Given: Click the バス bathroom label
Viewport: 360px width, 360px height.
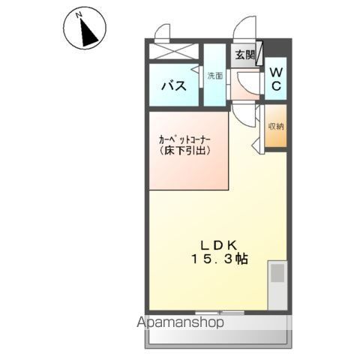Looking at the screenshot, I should coord(173,85).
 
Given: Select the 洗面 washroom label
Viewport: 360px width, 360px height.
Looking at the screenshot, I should coord(214,76).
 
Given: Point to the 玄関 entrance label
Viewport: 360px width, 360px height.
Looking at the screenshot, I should coord(244,55).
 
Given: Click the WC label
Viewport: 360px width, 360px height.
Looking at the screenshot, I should coord(275,79).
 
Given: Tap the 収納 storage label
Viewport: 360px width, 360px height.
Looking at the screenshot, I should coord(275,126).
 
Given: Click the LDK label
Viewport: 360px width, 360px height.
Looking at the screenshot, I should coord(219,244).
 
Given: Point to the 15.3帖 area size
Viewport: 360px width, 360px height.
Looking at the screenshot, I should coord(219,259).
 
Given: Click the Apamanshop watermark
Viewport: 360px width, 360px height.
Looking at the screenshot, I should coord(180,323).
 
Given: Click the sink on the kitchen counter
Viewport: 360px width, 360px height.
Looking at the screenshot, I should coord(277,272).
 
